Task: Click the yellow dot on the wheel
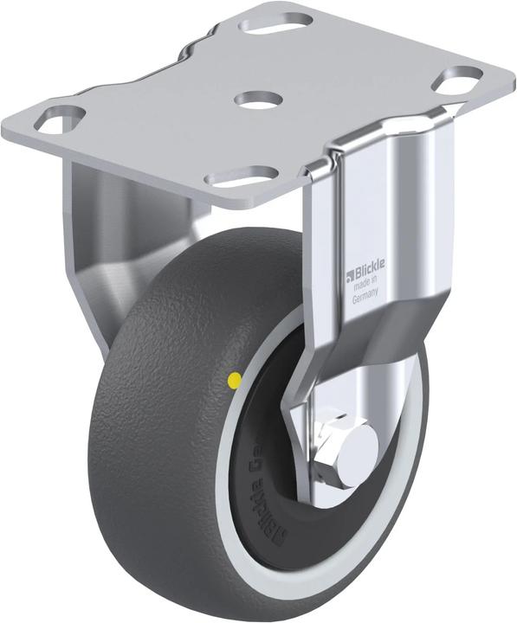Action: (x=233, y=379)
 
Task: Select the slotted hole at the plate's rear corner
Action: (x=275, y=20)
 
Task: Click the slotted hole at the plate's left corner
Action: (x=60, y=119)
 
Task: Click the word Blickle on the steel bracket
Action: (x=372, y=274)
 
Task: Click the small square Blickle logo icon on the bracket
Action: (x=351, y=276)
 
